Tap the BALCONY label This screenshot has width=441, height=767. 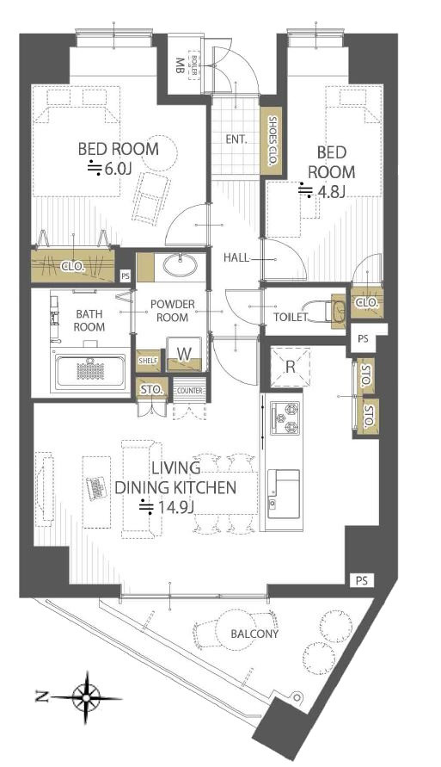254,634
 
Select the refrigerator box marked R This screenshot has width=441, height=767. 290,367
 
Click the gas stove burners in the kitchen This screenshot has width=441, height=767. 285,418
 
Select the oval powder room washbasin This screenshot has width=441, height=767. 181,266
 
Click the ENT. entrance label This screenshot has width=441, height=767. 236,139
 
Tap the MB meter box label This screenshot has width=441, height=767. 179,65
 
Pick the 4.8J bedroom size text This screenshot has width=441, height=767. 322,191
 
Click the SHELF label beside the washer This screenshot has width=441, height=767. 148,361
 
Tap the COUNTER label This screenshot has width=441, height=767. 190,391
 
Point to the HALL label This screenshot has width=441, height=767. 236,257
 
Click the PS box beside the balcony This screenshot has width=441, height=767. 362,581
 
